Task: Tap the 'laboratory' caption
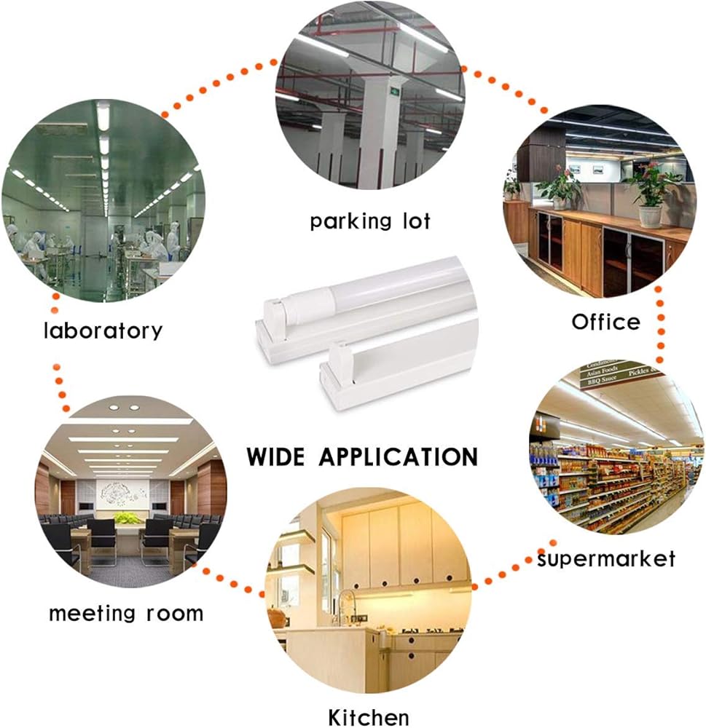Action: click(x=103, y=331)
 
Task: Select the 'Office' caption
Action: click(x=605, y=322)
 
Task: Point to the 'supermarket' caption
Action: click(x=606, y=559)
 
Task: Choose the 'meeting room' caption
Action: click(x=126, y=613)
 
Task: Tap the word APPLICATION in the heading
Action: click(x=398, y=457)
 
